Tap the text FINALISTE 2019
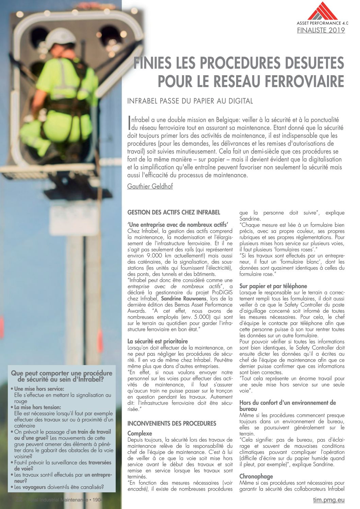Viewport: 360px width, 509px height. point(321,30)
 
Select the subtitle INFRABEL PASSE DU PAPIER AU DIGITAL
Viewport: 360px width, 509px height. point(190,101)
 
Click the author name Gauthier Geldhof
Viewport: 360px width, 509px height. point(150,186)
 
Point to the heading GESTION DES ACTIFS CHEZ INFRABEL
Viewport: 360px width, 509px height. point(174,212)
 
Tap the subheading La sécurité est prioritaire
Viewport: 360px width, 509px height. point(158,341)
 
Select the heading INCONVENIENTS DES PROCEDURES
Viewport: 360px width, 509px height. point(171,424)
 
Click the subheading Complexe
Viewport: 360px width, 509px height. point(140,433)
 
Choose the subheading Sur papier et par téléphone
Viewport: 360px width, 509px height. point(273,286)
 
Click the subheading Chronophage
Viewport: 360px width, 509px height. point(256,476)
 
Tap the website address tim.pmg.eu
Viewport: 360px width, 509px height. point(329,500)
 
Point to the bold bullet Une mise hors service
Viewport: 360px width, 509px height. point(39,389)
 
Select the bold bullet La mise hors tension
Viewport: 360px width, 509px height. point(37,407)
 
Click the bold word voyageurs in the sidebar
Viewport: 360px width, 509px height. point(34,487)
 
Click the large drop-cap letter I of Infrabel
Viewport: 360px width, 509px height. point(129,124)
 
